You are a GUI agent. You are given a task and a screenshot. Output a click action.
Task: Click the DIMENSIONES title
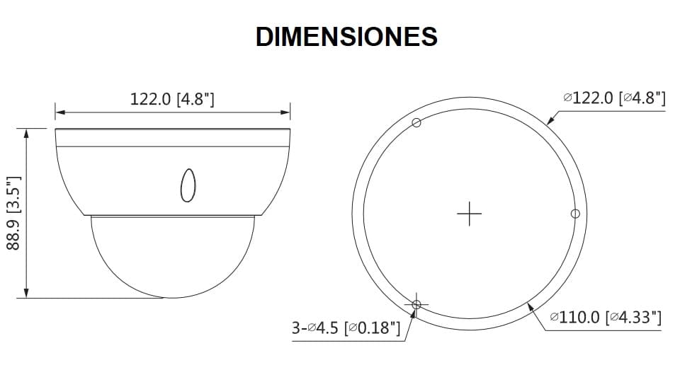[x=346, y=37]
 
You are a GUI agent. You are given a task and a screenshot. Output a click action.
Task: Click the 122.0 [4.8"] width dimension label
[x=172, y=98]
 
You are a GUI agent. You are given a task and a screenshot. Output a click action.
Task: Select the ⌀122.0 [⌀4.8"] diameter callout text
[x=613, y=98]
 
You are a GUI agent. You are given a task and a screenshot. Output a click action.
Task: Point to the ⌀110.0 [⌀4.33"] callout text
[x=606, y=318]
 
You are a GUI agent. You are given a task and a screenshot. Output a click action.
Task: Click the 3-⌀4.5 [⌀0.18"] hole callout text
[x=346, y=328]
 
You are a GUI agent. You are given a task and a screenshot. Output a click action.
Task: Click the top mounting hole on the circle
[x=416, y=123]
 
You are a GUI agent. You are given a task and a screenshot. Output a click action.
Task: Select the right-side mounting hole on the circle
[x=574, y=213]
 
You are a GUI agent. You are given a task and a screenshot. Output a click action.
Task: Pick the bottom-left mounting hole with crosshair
[x=416, y=303]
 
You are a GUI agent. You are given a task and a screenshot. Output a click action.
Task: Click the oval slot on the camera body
[x=188, y=185]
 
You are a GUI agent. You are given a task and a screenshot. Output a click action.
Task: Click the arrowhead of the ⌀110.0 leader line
[x=530, y=306]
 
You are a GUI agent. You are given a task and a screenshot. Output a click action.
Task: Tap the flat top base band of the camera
[x=173, y=138]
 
